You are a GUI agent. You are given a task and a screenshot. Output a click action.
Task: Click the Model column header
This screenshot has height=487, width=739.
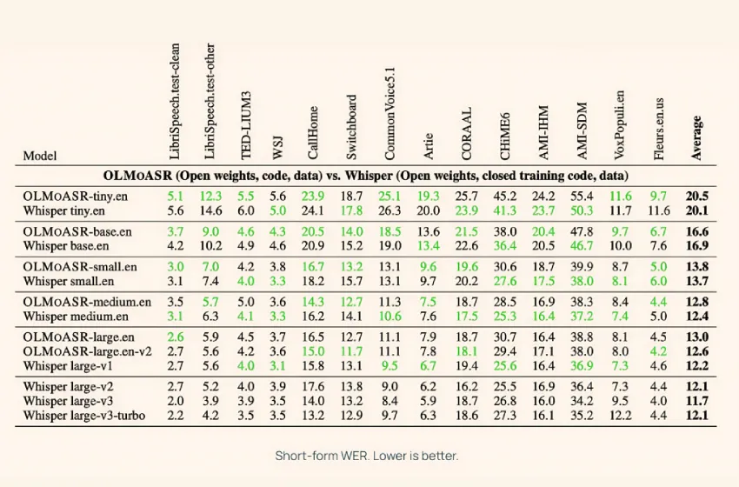(x=40, y=156)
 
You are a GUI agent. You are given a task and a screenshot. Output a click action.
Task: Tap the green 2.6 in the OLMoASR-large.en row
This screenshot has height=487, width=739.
(x=176, y=337)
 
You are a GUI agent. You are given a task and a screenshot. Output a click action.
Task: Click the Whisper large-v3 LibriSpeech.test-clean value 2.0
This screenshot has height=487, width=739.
(x=176, y=402)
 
